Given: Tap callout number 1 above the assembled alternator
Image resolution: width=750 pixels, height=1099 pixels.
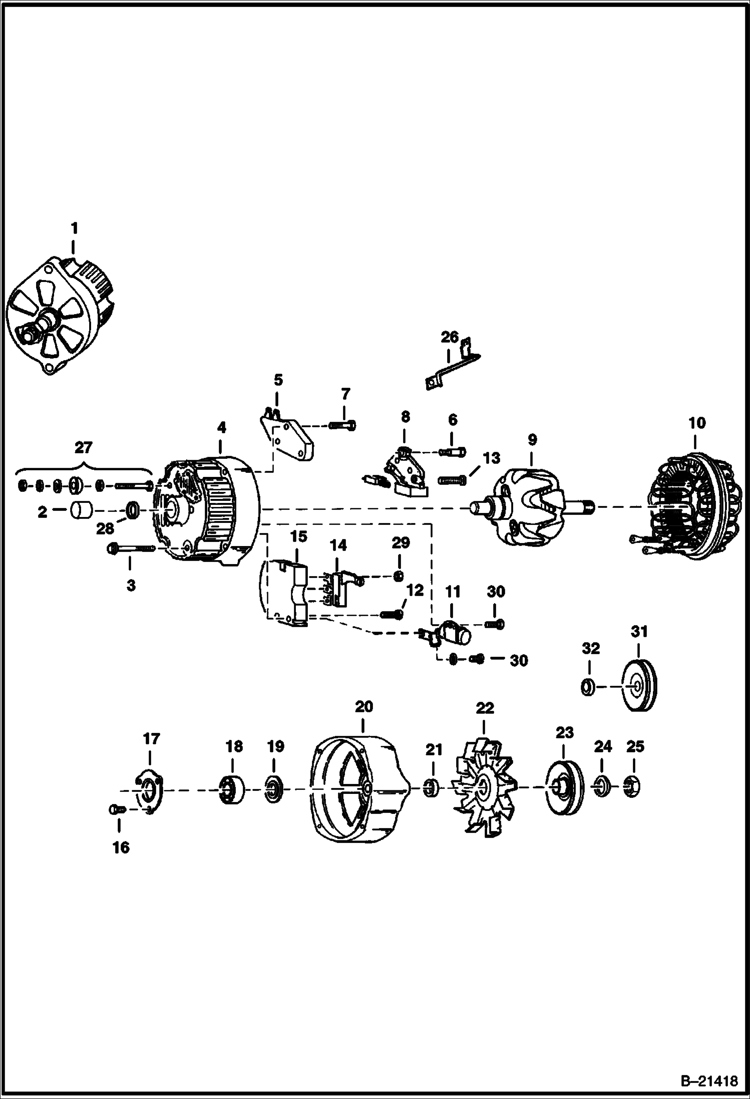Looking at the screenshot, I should point(74,229).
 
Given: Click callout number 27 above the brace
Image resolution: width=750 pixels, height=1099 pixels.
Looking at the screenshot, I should point(84,447).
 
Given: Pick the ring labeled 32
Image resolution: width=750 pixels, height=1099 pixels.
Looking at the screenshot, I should point(588,687).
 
